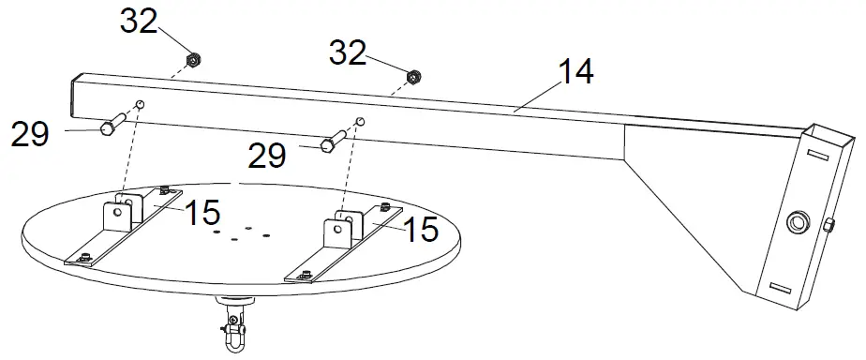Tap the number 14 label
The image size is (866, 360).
[x=575, y=73]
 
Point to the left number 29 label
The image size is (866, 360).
[x=29, y=135]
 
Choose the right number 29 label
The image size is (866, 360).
[x=268, y=155]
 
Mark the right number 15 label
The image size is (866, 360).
[x=419, y=228]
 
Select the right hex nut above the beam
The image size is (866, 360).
[x=412, y=75]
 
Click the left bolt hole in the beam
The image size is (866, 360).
[x=141, y=104]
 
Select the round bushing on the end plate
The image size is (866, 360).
[x=798, y=222]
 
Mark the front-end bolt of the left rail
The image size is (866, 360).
[x=85, y=258]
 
